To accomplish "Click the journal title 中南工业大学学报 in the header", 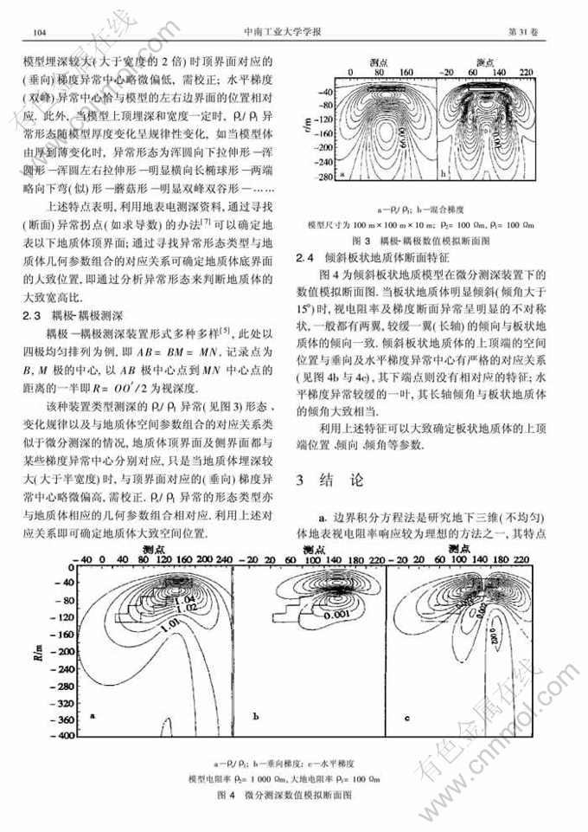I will tap(291, 31).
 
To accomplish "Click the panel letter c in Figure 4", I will tap(407, 718).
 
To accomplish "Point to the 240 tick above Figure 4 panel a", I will tap(224, 562).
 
